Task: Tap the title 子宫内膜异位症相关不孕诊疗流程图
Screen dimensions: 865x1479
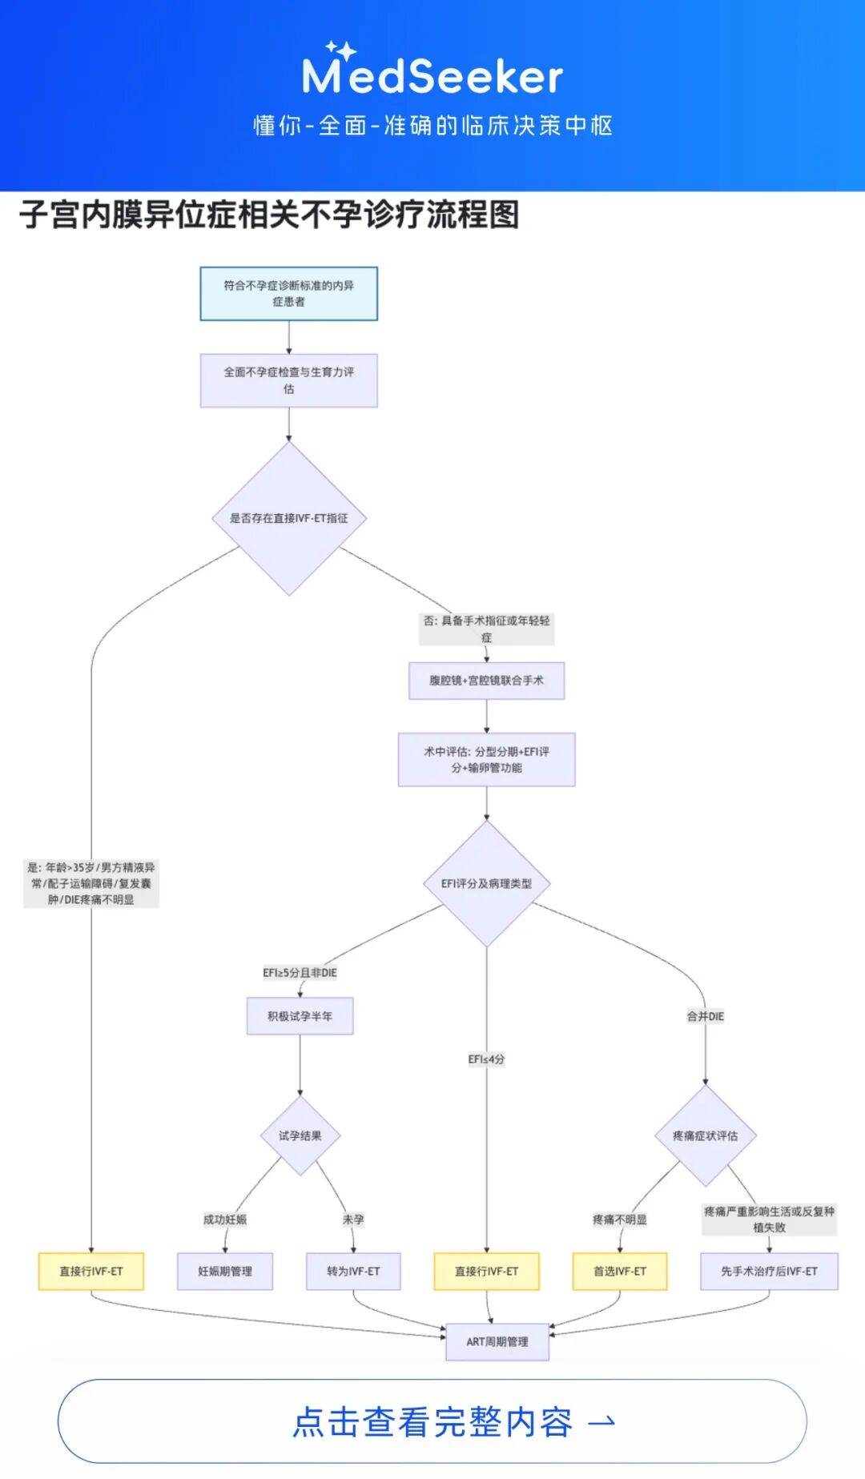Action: (269, 215)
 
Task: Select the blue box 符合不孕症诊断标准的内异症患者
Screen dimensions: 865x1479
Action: (288, 294)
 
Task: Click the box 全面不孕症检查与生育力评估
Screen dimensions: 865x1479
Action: (288, 380)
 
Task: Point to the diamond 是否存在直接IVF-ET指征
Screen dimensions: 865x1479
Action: (289, 518)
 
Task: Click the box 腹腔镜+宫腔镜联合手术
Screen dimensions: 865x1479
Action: (486, 681)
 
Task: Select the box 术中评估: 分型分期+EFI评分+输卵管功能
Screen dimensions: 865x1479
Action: (486, 759)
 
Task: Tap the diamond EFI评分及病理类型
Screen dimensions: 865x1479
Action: (486, 883)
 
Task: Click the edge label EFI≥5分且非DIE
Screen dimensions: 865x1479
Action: (300, 973)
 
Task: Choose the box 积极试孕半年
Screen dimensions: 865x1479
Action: (300, 1016)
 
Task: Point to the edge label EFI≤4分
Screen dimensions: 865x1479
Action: (486, 1059)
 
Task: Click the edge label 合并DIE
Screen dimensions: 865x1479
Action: (705, 1016)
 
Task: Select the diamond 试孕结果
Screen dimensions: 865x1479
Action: (300, 1135)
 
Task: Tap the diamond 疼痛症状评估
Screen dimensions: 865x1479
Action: (705, 1135)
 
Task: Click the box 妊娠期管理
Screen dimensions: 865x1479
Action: (225, 1272)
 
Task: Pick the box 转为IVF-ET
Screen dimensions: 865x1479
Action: (353, 1272)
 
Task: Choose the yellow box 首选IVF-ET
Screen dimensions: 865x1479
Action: (620, 1272)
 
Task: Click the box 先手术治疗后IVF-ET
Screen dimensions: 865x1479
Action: (769, 1272)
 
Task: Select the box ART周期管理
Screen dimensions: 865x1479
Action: (497, 1342)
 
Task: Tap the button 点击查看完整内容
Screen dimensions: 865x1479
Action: (432, 1421)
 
